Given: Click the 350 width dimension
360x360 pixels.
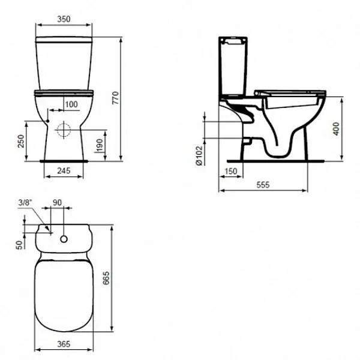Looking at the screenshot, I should pyautogui.click(x=64, y=19).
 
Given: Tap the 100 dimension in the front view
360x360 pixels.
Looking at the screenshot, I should pyautogui.click(x=71, y=104).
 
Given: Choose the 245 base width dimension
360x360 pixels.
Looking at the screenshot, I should pyautogui.click(x=64, y=171).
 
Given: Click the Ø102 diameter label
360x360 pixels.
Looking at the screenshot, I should pyautogui.click(x=199, y=155).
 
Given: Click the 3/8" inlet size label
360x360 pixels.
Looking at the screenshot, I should pyautogui.click(x=25, y=203).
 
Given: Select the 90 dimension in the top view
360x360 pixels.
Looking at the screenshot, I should pyautogui.click(x=58, y=203).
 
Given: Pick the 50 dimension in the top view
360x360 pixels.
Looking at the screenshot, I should pyautogui.click(x=19, y=244).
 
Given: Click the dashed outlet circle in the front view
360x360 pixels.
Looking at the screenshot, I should pyautogui.click(x=64, y=131).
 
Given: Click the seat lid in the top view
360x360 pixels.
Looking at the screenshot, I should pyautogui.click(x=64, y=294).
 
